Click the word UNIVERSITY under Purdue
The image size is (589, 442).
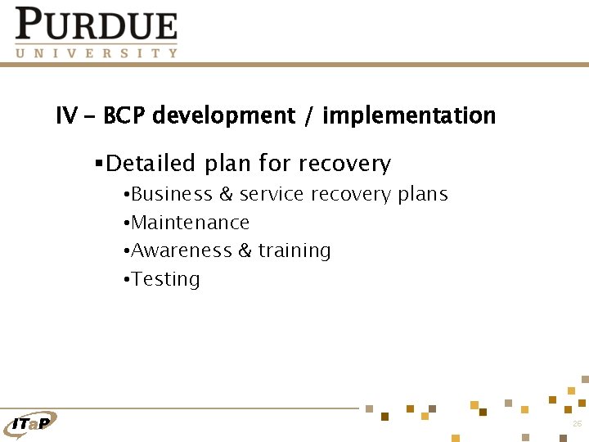(x=96, y=52)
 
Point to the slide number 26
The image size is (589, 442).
(x=577, y=423)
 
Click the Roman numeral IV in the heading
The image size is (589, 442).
(x=65, y=116)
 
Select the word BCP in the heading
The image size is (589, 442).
(x=124, y=116)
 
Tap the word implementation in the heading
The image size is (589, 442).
(x=409, y=116)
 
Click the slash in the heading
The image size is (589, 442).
(x=308, y=116)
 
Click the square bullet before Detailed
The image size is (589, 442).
(x=98, y=164)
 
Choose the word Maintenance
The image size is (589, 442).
(x=190, y=223)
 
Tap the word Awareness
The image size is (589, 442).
(x=182, y=250)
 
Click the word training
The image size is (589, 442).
(x=294, y=250)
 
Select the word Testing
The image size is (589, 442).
(x=165, y=279)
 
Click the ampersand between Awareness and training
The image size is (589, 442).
(x=245, y=250)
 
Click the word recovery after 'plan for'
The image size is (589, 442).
(x=344, y=164)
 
